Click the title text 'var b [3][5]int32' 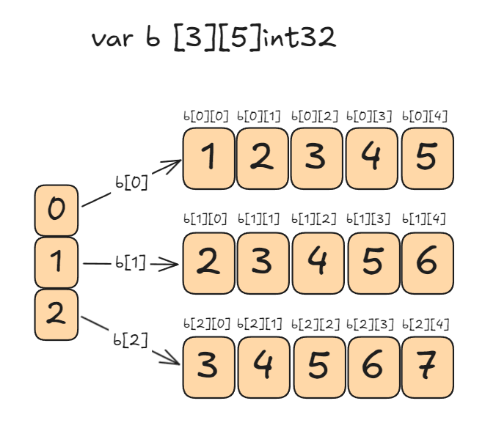(214, 39)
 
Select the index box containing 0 (56, 210)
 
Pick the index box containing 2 (56, 314)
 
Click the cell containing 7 (428, 366)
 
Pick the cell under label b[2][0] (208, 366)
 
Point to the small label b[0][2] (316, 116)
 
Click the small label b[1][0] (205, 219)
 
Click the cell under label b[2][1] (263, 366)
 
